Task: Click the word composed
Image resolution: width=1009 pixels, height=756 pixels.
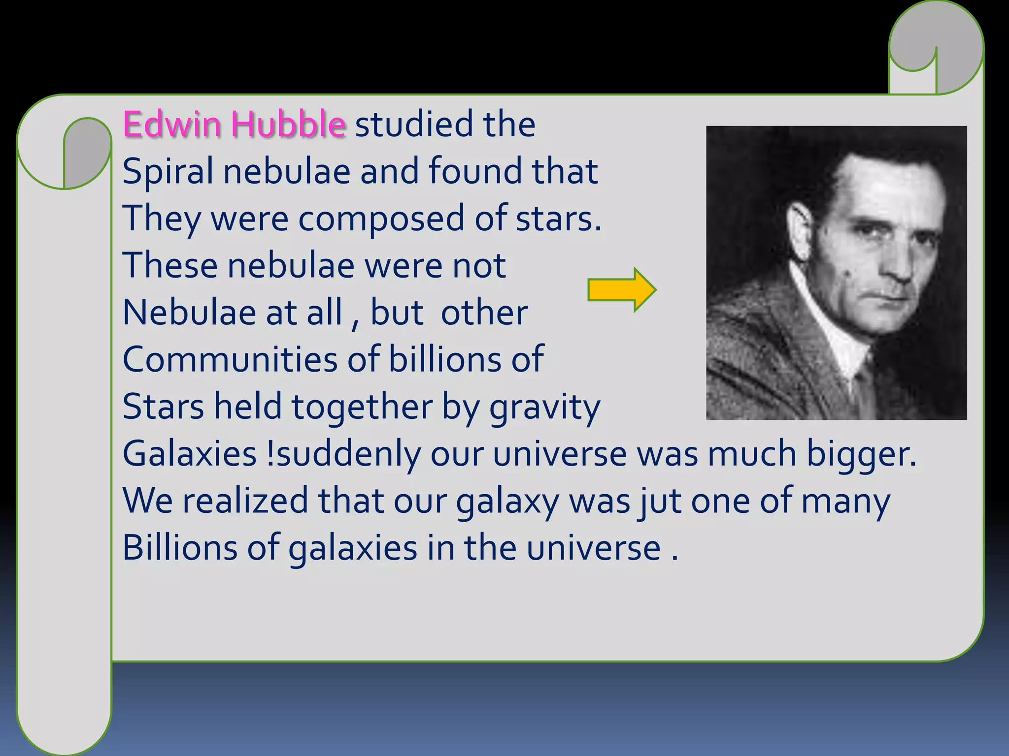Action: (x=381, y=219)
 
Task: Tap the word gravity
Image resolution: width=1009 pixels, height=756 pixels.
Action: (x=544, y=408)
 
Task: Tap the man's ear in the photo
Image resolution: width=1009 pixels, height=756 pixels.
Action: (x=800, y=231)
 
